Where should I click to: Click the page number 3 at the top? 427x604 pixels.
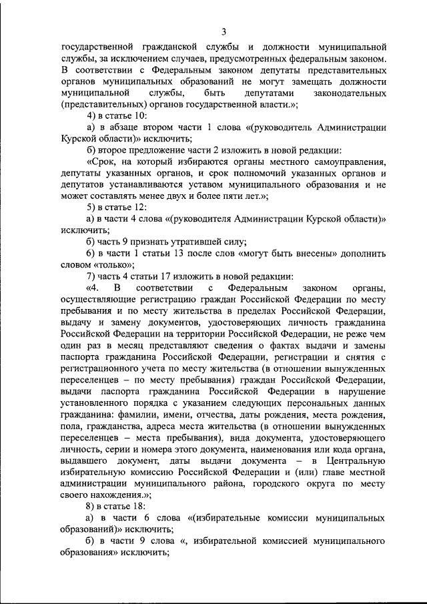224,31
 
